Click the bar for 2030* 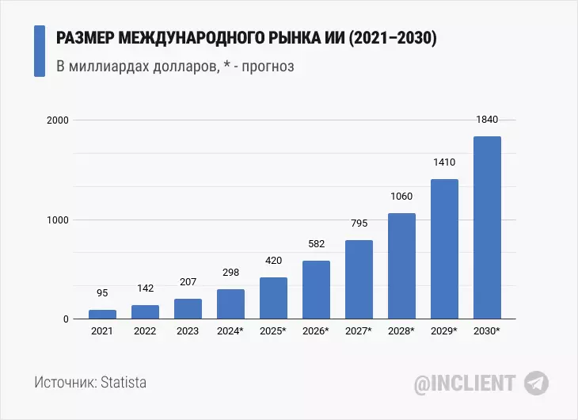click(487, 228)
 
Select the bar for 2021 click(102, 315)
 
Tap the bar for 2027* click(359, 280)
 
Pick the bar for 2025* click(273, 298)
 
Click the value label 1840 click(487, 120)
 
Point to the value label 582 click(316, 244)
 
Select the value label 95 click(102, 292)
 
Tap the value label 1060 click(401, 197)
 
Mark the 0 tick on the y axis click(67, 319)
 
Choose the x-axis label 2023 click(188, 331)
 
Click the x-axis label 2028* click(401, 331)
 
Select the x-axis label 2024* click(230, 331)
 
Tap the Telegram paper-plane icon click(536, 383)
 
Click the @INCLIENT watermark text click(466, 384)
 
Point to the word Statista click(123, 383)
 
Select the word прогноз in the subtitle click(267, 67)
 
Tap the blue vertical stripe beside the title click(40, 51)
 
